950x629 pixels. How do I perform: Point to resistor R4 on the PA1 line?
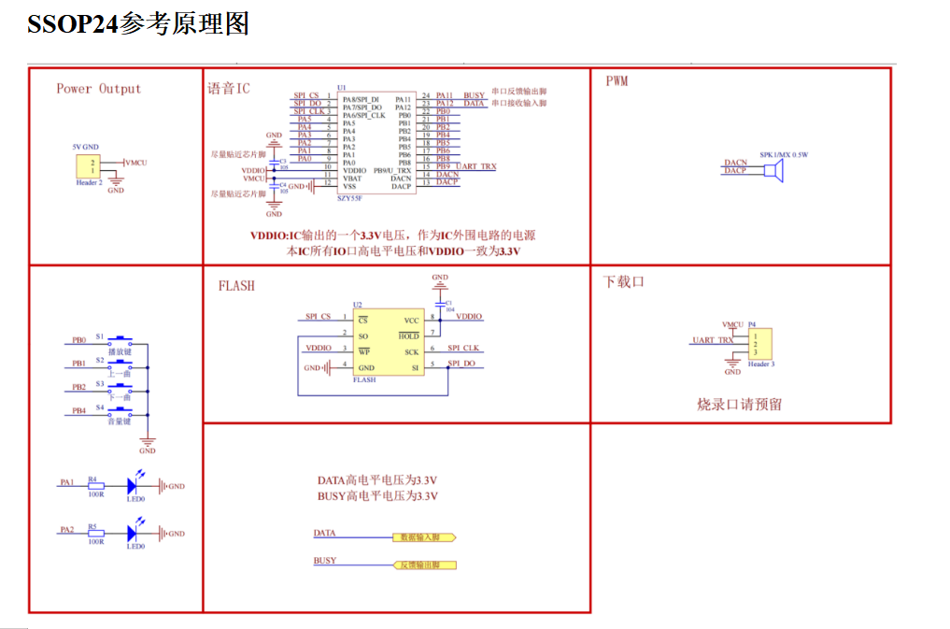pos(95,486)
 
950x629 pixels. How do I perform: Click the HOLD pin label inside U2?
pos(409,335)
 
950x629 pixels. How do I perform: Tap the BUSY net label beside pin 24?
pos(474,95)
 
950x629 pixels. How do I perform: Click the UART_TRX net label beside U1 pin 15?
pos(476,167)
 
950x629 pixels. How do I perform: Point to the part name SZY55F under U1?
pos(349,197)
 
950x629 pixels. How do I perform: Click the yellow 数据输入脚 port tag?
pos(423,538)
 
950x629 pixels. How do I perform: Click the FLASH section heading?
pos(236,286)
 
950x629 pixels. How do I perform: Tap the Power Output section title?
pos(98,89)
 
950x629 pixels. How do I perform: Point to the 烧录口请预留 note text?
pos(739,405)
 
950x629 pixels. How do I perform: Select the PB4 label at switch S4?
pos(78,410)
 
